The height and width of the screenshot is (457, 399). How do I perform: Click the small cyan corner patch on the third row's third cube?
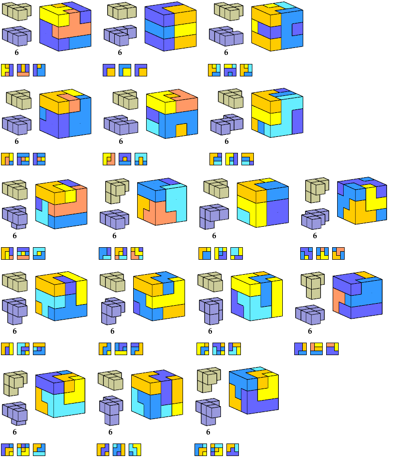[x=243, y=215]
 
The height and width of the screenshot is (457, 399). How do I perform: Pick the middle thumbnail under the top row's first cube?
[x=23, y=70]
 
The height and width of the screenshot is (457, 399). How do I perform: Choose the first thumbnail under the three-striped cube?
[x=109, y=70]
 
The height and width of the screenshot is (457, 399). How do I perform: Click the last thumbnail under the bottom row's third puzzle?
[x=232, y=449]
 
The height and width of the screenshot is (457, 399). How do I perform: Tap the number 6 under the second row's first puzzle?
[x=16, y=141]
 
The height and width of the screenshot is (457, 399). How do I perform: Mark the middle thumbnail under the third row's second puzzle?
[x=121, y=253]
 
